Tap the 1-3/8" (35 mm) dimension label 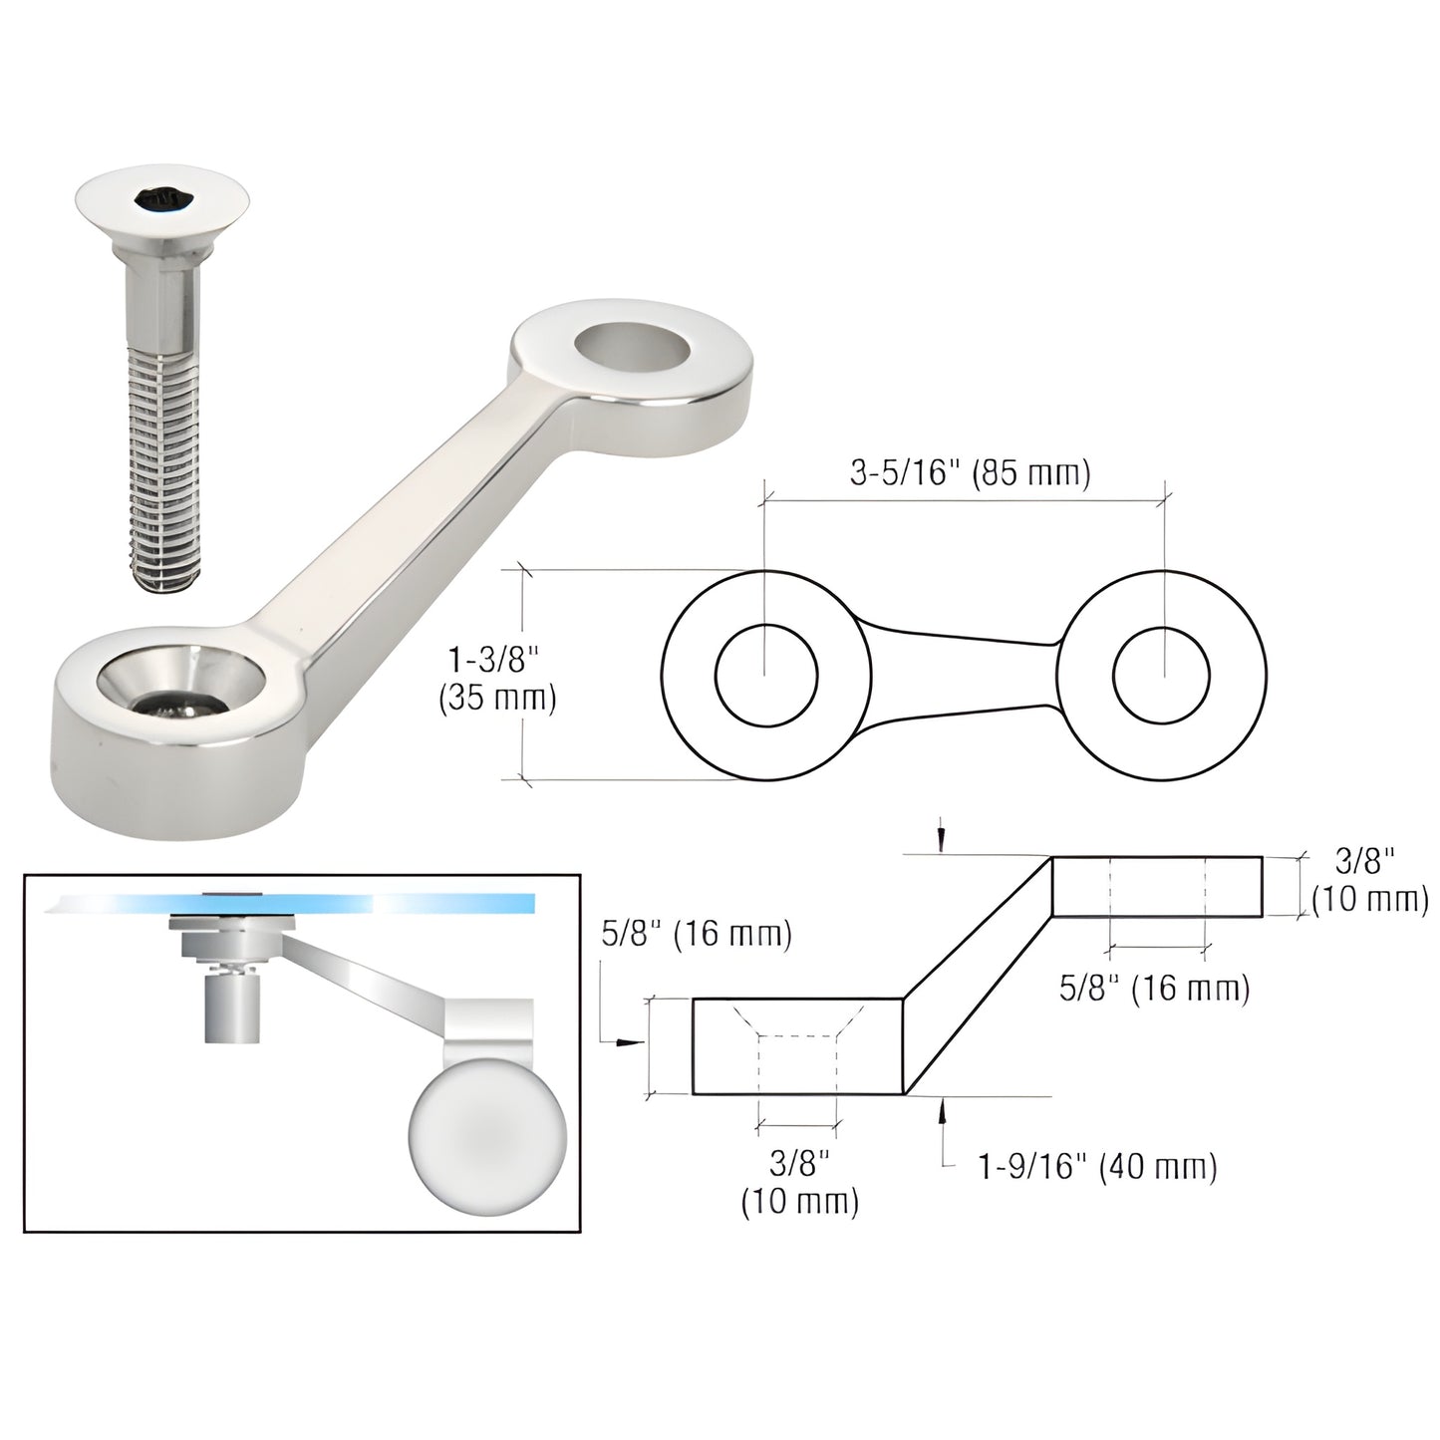(x=496, y=678)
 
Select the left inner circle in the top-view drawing (x=766, y=676)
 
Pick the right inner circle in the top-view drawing (x=1164, y=677)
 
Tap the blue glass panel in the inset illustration (x=299, y=903)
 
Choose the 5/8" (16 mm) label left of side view (x=697, y=936)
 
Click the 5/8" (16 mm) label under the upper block (x=1154, y=989)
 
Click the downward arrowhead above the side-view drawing (x=941, y=843)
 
